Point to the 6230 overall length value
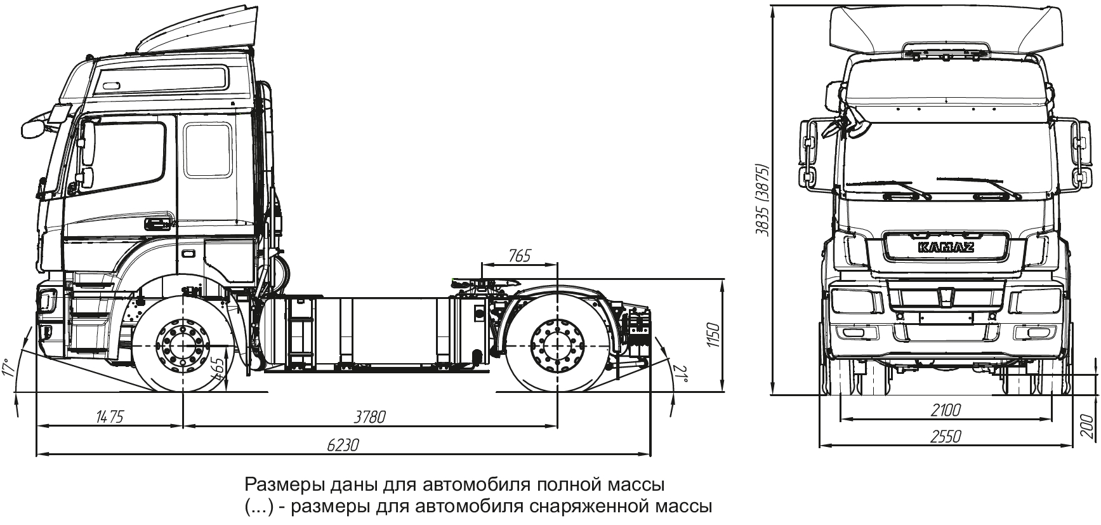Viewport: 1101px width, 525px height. coord(343,445)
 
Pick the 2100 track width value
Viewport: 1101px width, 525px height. coord(946,410)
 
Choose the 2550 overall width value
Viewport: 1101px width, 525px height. coord(946,437)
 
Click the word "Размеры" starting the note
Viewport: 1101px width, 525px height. coord(284,486)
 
